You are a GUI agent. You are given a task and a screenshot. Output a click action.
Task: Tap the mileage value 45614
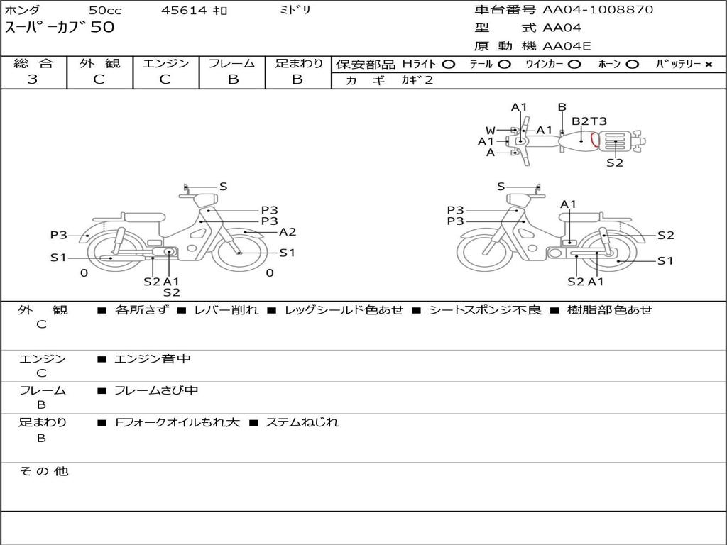point(184,10)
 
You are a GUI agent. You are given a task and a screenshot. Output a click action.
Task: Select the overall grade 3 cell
point(33,79)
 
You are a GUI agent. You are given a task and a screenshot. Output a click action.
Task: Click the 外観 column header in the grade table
point(99,63)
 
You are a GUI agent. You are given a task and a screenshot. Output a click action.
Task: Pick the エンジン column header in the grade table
point(165,63)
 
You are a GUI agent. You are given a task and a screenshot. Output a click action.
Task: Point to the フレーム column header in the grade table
point(232,63)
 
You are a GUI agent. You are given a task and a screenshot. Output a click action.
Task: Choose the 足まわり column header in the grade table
point(298,63)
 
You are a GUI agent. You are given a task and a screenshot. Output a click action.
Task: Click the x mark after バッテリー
point(708,64)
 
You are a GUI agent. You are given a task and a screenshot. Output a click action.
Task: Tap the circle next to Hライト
point(448,64)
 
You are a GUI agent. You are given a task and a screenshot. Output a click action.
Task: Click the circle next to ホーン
point(632,64)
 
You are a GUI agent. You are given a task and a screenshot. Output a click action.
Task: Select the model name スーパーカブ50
point(60,28)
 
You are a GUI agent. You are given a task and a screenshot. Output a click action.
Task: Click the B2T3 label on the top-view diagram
point(589,121)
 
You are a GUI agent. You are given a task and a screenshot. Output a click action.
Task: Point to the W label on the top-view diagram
point(491,131)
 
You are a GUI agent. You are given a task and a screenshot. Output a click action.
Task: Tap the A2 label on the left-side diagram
point(288,232)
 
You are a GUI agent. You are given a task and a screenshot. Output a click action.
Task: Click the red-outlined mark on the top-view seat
point(594,140)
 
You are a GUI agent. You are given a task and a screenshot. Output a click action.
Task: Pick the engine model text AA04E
point(567,47)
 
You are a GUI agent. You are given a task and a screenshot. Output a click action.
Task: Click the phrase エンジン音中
point(153,359)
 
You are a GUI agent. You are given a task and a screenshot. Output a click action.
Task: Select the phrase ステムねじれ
point(302,422)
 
